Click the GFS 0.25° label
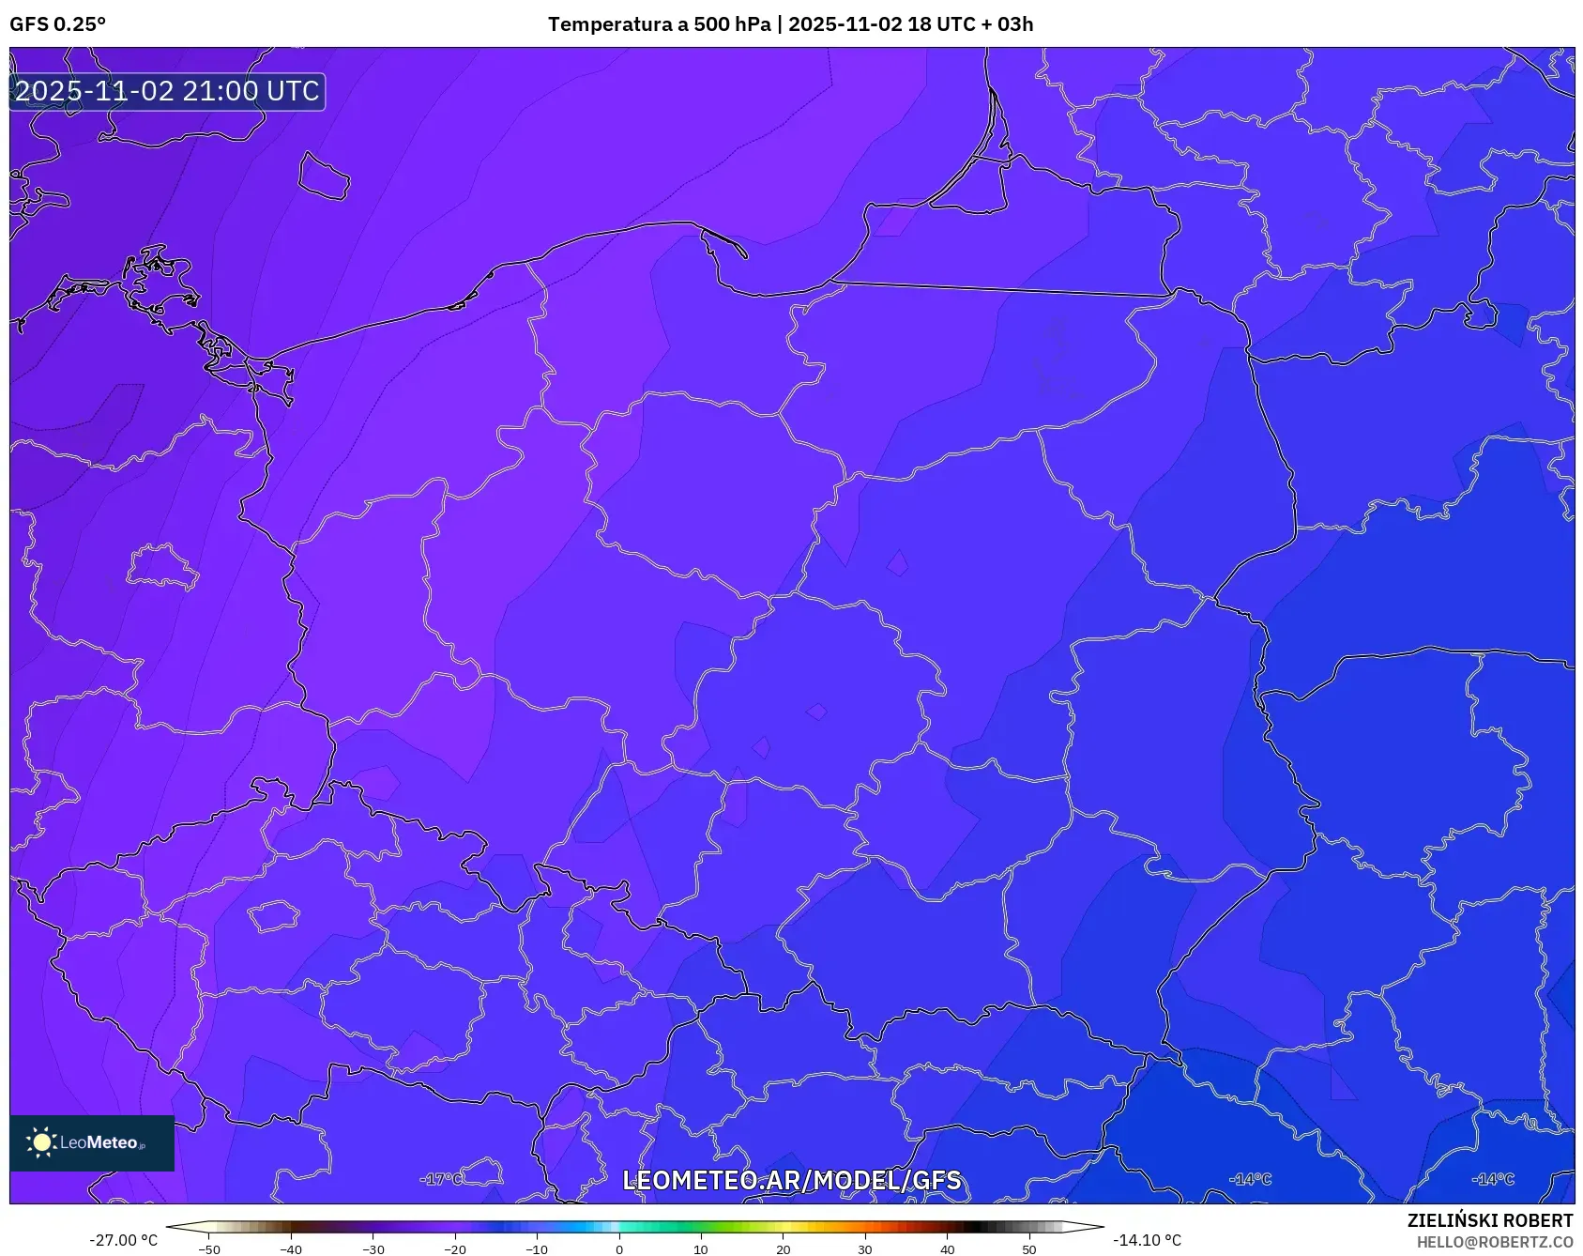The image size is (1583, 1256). click(57, 24)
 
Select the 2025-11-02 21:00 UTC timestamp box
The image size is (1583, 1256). click(167, 91)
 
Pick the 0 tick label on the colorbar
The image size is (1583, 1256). click(619, 1248)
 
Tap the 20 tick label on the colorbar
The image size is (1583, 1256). click(783, 1248)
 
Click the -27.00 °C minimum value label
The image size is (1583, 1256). click(124, 1240)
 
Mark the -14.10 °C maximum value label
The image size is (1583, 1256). click(1147, 1240)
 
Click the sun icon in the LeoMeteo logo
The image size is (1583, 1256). click(41, 1141)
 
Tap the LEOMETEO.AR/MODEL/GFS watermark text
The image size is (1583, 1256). click(791, 1180)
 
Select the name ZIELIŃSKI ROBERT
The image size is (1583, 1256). click(1489, 1220)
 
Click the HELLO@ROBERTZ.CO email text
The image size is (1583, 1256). click(1494, 1242)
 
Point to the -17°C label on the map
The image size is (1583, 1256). click(441, 1179)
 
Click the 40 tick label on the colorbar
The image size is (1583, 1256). click(947, 1248)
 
